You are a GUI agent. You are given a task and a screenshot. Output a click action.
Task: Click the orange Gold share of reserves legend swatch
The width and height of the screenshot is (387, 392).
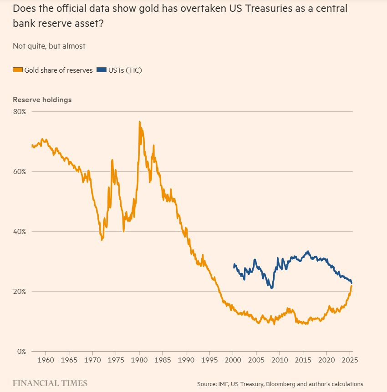click(x=18, y=70)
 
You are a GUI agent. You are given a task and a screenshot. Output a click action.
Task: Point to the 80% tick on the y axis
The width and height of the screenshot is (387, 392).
click(x=20, y=112)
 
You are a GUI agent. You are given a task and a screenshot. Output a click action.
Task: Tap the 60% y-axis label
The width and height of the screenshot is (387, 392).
click(x=20, y=172)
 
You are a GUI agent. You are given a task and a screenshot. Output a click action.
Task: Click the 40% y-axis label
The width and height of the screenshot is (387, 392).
click(x=20, y=232)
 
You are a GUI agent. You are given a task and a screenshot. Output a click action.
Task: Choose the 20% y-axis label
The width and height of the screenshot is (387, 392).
click(x=20, y=292)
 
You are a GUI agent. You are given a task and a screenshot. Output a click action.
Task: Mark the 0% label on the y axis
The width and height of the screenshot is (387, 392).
click(x=22, y=352)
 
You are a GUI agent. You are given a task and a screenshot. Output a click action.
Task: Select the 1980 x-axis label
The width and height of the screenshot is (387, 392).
click(x=139, y=361)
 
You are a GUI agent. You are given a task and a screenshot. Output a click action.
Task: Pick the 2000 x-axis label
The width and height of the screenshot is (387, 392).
click(x=233, y=361)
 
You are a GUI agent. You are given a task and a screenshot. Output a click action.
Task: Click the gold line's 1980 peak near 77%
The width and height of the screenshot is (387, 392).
click(x=139, y=122)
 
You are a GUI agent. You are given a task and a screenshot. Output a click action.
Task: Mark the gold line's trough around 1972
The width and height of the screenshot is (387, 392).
click(x=102, y=240)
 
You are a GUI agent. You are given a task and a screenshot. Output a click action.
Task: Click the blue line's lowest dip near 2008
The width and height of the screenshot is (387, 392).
click(x=272, y=288)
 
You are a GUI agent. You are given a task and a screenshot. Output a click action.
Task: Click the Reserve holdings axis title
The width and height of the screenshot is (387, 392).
click(x=42, y=99)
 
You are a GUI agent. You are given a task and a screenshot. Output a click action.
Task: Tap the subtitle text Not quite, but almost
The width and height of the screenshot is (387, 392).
click(x=49, y=46)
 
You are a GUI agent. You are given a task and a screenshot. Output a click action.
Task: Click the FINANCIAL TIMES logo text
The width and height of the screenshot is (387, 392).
click(x=50, y=383)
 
